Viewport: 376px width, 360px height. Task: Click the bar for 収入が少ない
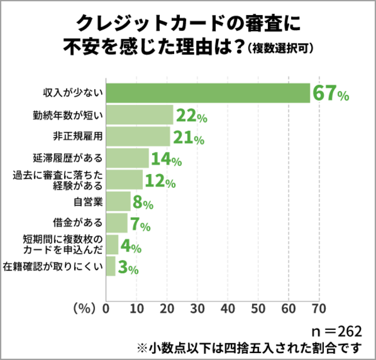[208, 93]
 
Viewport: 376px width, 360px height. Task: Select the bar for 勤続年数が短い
[140, 116]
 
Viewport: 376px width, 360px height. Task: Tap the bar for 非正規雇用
[138, 138]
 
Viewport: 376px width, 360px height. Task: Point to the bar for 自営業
[119, 202]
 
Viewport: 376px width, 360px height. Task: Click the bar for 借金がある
[117, 224]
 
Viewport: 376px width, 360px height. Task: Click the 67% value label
[330, 93]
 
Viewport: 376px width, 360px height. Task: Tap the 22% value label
[191, 116]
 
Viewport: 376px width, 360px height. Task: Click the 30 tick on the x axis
[197, 308]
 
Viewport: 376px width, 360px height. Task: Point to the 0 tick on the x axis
[106, 308]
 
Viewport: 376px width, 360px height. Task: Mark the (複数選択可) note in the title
[280, 49]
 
